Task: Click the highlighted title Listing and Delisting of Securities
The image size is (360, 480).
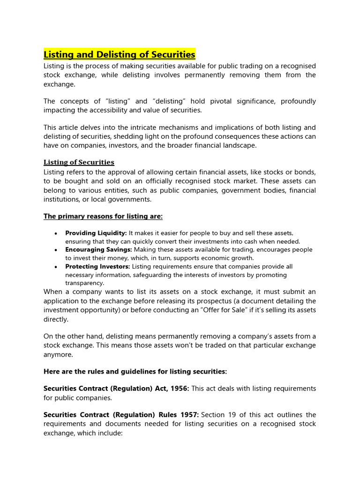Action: tap(119, 54)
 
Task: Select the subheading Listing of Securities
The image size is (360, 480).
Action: tap(79, 162)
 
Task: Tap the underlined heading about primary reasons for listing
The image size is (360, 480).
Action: tap(103, 216)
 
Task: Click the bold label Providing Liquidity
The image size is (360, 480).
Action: tap(96, 233)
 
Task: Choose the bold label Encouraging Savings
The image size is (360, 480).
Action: tap(98, 250)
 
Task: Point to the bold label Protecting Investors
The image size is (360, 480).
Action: tap(97, 267)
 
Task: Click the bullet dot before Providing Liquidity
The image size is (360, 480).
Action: tap(56, 233)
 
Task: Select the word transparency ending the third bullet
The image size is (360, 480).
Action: tap(84, 283)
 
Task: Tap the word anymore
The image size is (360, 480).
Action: tap(58, 354)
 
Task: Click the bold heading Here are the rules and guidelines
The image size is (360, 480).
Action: tap(135, 371)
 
